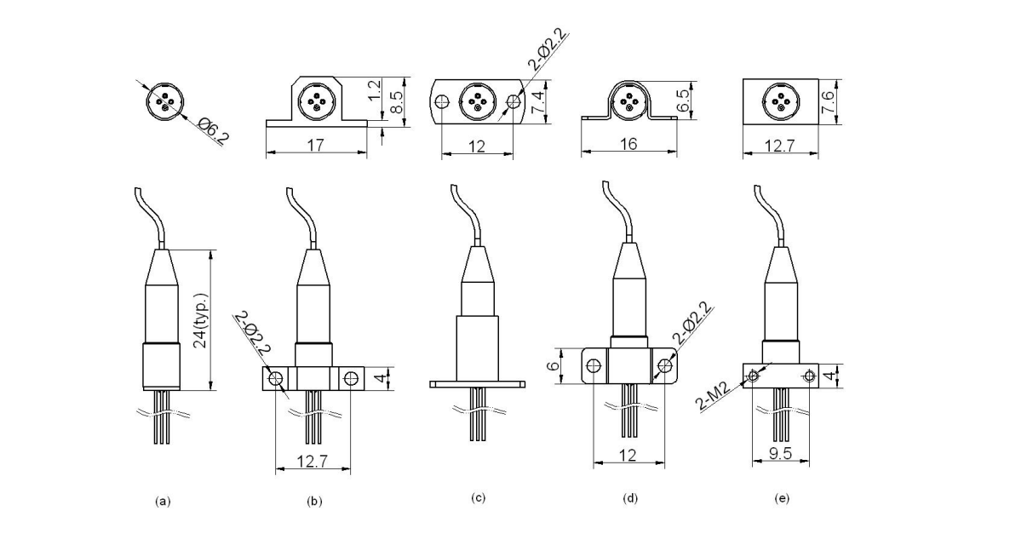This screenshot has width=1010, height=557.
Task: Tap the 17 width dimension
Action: [x=316, y=145]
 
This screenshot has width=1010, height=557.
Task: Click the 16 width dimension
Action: [x=628, y=144]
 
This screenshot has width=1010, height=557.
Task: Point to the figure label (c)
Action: [x=479, y=497]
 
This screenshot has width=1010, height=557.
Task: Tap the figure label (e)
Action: [x=781, y=498]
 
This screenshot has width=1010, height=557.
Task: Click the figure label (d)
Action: [x=630, y=498]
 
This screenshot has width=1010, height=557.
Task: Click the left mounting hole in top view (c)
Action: [x=442, y=102]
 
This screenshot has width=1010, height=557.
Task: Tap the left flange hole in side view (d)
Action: [x=594, y=365]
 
